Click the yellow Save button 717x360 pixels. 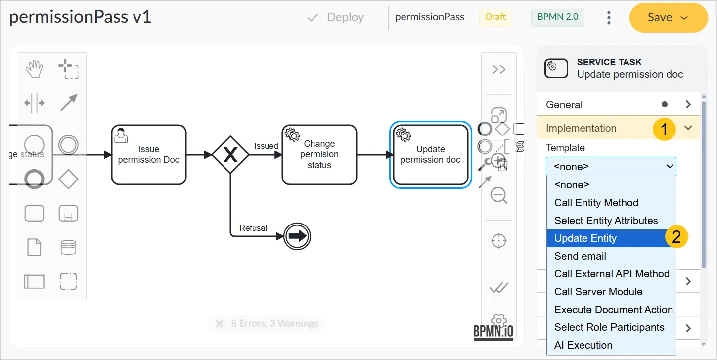click(x=668, y=18)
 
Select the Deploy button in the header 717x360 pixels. click(x=335, y=17)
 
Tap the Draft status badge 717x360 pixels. click(x=495, y=17)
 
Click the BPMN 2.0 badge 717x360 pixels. click(x=558, y=17)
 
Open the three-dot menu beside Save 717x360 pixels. click(x=609, y=18)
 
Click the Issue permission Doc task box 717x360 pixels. click(x=149, y=155)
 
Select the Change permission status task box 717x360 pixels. click(x=319, y=155)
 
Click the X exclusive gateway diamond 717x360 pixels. click(x=230, y=155)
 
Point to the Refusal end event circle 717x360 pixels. click(x=297, y=236)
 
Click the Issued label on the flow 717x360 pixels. click(x=266, y=146)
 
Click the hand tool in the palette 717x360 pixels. click(x=34, y=69)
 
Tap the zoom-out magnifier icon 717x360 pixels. click(x=499, y=195)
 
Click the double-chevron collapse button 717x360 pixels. click(x=499, y=69)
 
